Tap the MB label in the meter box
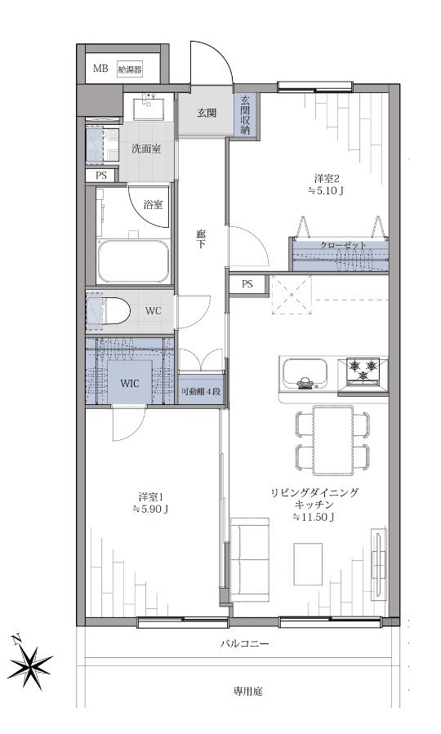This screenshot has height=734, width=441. click(x=100, y=69)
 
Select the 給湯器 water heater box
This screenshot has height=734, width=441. click(x=130, y=69)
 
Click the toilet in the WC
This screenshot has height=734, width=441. click(x=114, y=310)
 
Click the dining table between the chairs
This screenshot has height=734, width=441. click(x=333, y=441)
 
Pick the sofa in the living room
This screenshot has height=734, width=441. click(x=250, y=559)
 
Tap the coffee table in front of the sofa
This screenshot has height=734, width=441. click(x=308, y=563)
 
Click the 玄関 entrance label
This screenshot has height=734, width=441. click(x=206, y=113)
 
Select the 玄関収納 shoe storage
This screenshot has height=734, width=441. click(x=245, y=115)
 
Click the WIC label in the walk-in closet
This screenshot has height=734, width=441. click(x=130, y=384)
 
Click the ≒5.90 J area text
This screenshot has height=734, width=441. click(x=150, y=509)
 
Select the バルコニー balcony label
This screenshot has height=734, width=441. click(x=244, y=644)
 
